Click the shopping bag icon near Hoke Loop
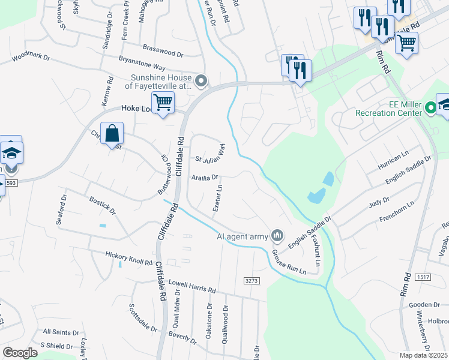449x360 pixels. click(113, 133)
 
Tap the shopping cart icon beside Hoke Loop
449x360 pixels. click(163, 103)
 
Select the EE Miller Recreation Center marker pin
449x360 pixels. click(430, 109)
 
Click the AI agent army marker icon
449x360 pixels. click(277, 235)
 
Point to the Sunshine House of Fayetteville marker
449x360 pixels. click(202, 80)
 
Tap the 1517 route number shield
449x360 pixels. click(423, 277)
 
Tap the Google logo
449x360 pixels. click(20, 353)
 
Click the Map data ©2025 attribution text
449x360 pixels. click(423, 355)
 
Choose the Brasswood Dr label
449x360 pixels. click(163, 50)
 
